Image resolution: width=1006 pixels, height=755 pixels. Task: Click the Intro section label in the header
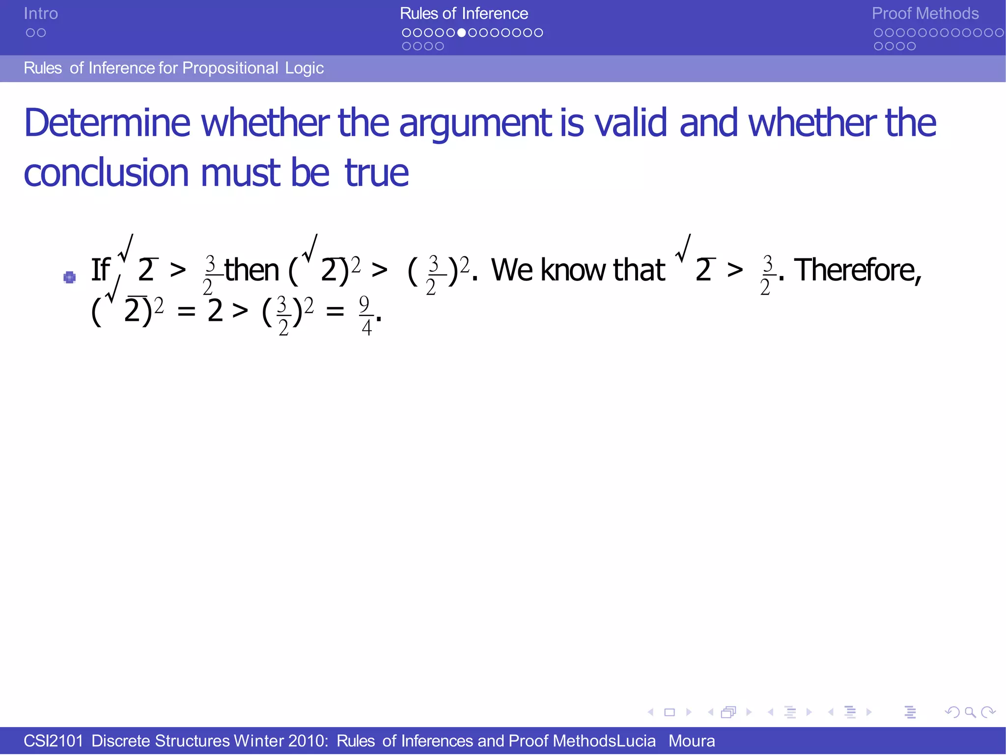41,14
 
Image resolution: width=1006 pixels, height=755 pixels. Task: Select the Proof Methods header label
925,14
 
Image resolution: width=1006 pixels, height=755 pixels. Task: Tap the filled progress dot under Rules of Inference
462,33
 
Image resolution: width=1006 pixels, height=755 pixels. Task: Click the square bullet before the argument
70,278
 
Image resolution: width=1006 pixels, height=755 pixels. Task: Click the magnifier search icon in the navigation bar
970,712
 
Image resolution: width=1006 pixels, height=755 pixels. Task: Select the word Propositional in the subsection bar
230,68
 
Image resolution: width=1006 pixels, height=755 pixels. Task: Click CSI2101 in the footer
53,741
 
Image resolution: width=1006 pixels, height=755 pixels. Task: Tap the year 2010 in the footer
307,741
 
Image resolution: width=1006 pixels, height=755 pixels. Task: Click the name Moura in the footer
692,741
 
